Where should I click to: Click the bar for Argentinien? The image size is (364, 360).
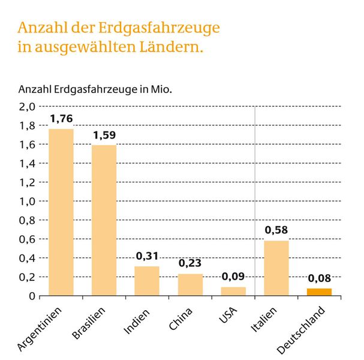pyautogui.click(x=61, y=212)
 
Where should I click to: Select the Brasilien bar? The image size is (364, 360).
pyautogui.click(x=104, y=220)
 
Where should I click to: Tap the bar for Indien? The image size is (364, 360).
pyautogui.click(x=146, y=281)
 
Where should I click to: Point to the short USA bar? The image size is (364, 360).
pyautogui.click(x=233, y=292)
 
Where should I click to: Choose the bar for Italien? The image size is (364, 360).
pyautogui.click(x=276, y=268)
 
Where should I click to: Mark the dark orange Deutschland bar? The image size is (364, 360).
pyautogui.click(x=319, y=292)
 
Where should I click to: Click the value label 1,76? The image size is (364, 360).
pyautogui.click(x=61, y=119)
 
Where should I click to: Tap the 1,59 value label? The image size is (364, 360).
pyautogui.click(x=104, y=135)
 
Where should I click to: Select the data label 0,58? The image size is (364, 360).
pyautogui.click(x=276, y=230)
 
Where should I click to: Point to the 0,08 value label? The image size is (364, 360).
pyautogui.click(x=319, y=278)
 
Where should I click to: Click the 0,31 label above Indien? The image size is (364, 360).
pyautogui.click(x=146, y=256)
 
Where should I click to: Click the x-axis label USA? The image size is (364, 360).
pyautogui.click(x=227, y=314)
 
